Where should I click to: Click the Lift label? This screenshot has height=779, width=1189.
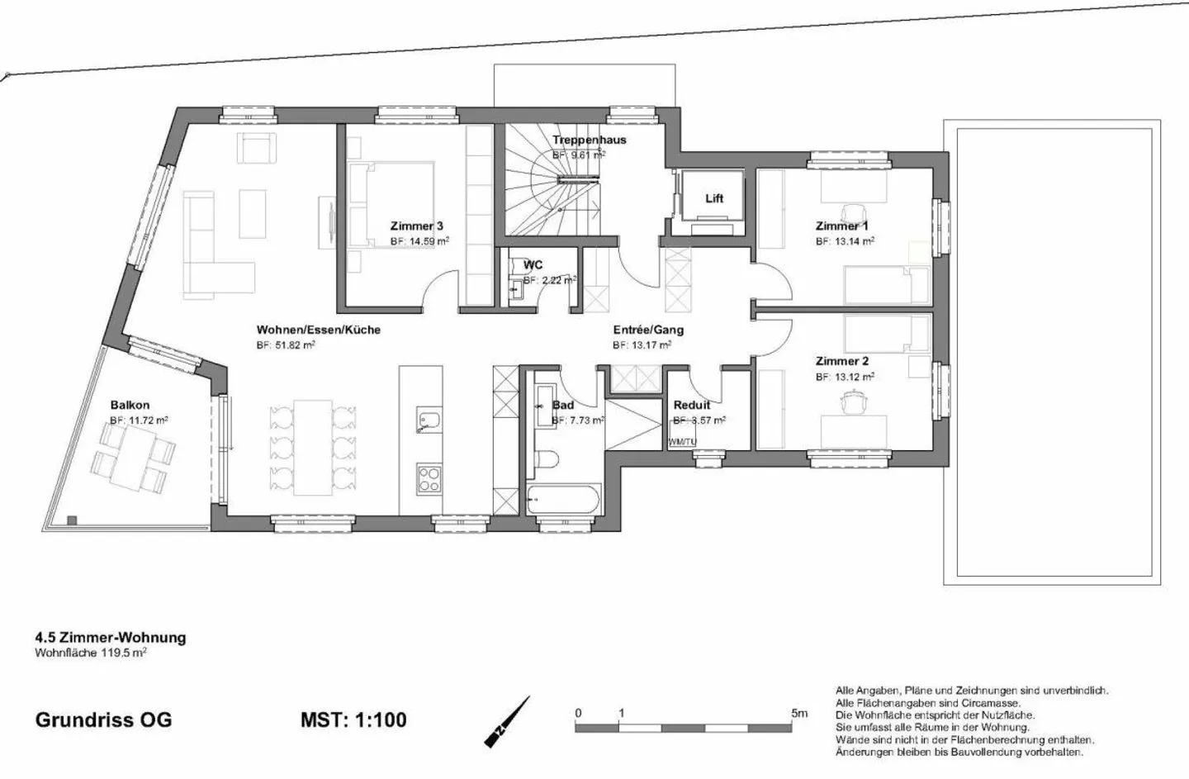714,198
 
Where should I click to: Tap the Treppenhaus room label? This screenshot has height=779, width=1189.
589,140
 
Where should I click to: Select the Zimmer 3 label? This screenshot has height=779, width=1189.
417,226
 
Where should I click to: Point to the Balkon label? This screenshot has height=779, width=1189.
130,405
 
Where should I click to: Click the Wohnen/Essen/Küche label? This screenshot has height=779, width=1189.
318,330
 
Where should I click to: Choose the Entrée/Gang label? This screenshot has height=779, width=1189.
648,330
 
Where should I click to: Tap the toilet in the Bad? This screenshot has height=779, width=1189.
547,459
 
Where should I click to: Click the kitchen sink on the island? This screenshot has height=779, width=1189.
428,420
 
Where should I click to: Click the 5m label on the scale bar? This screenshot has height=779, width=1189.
798,713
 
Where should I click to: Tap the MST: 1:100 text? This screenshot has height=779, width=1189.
353,720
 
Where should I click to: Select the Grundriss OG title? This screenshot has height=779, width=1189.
103,720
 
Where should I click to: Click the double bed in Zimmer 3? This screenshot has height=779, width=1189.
391,204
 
